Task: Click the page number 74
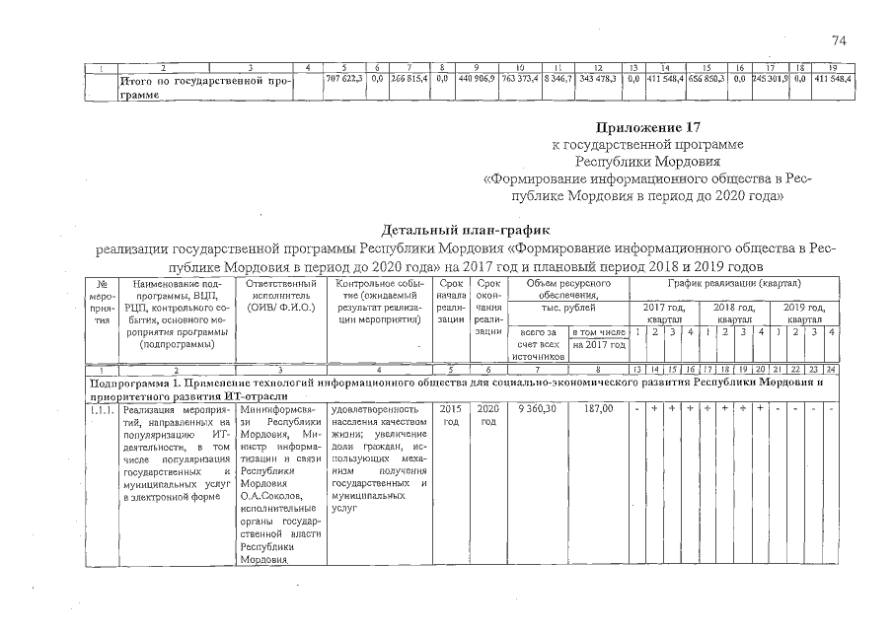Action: click(840, 40)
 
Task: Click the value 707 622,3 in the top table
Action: click(344, 77)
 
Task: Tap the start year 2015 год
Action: click(450, 414)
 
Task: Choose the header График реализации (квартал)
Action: click(734, 283)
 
